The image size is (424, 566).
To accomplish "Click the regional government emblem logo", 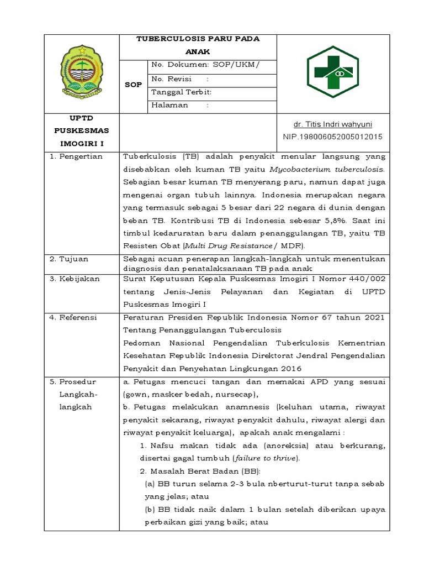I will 82,72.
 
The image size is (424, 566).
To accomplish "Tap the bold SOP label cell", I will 133,85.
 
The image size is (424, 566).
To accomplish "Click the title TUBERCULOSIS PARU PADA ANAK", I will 198,45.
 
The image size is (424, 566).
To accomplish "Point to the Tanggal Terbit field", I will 182,92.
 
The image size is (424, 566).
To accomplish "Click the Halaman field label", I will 170,105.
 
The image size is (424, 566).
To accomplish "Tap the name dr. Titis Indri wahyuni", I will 333,124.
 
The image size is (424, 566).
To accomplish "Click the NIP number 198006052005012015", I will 333,137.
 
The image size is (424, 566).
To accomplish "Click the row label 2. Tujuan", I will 69,259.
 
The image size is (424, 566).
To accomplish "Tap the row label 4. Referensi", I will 73,317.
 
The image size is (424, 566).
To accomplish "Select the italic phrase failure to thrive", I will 266,458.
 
